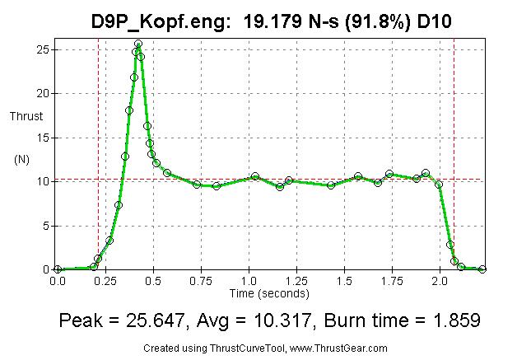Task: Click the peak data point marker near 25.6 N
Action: pyautogui.click(x=138, y=44)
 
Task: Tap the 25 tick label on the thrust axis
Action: pyautogui.click(x=41, y=49)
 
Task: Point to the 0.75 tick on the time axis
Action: pyautogui.click(x=200, y=282)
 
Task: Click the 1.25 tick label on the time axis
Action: pyautogui.click(x=296, y=282)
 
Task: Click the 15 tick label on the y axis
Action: pyautogui.click(x=41, y=138)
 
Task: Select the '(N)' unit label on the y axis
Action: pyautogui.click(x=22, y=160)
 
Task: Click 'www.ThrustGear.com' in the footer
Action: pyautogui.click(x=338, y=348)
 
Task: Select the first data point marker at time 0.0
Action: pyautogui.click(x=58, y=269)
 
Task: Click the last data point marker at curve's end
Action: pyautogui.click(x=482, y=269)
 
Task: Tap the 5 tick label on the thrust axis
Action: pyautogui.click(x=44, y=226)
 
